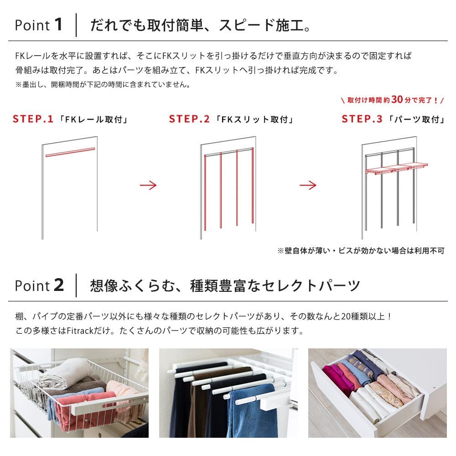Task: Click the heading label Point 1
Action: [x=38, y=25]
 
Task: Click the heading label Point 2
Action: [x=39, y=286]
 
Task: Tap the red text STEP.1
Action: [x=33, y=119]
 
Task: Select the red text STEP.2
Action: [x=189, y=119]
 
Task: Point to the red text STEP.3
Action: [x=362, y=119]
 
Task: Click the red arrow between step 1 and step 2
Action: [x=148, y=185]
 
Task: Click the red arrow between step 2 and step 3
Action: [x=308, y=185]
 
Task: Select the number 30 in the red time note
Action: [x=397, y=99]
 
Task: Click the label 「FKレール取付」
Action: [x=93, y=120]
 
